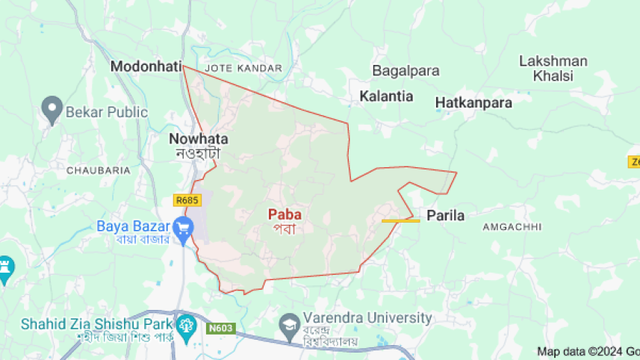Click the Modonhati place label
(x=146, y=66)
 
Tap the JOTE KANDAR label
(x=243, y=68)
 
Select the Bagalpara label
(x=403, y=71)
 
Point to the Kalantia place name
(x=386, y=96)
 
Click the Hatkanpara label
(x=473, y=103)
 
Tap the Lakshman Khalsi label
(x=553, y=68)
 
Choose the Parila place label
(x=445, y=216)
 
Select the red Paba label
(x=284, y=214)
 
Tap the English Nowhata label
(x=198, y=139)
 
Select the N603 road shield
(x=220, y=327)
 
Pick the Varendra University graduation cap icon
(x=289, y=323)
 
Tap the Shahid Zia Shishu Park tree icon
(x=183, y=324)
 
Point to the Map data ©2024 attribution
(x=587, y=351)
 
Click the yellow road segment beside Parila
(x=400, y=220)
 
